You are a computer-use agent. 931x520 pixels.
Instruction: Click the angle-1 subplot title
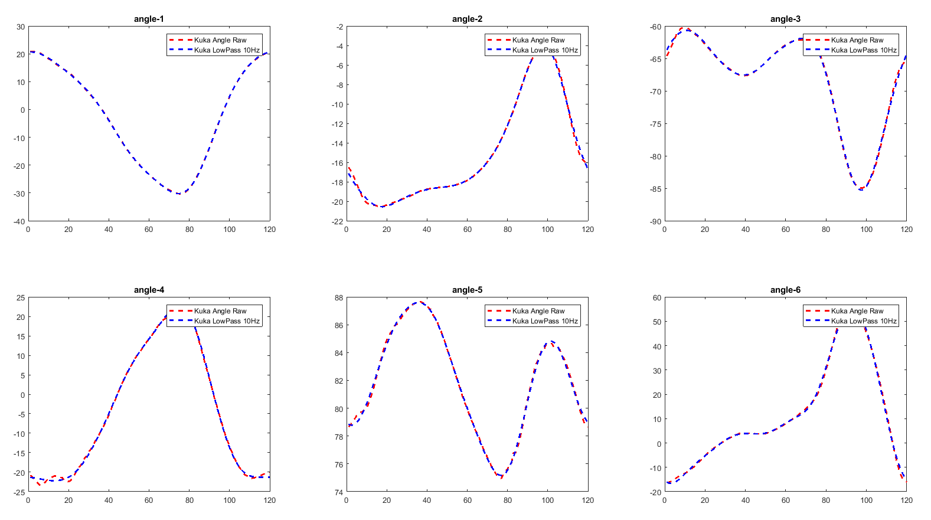149,19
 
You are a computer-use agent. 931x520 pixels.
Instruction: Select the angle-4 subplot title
149,290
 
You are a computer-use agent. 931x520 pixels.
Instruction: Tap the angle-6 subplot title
785,290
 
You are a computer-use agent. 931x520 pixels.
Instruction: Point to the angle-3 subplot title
785,19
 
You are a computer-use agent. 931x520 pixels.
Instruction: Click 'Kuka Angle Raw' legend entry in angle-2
538,40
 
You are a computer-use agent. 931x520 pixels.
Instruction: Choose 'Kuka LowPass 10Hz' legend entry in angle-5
545,321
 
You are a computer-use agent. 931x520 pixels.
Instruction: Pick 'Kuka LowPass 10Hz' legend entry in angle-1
227,50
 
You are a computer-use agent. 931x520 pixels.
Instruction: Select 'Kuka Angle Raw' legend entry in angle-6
857,311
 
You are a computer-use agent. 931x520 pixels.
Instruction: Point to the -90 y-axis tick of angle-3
655,221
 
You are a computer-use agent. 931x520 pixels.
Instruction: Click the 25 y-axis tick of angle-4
21,297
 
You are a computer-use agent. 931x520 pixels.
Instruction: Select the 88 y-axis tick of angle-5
339,297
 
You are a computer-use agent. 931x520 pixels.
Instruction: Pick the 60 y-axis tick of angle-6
657,297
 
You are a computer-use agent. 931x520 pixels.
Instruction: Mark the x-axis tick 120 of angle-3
906,229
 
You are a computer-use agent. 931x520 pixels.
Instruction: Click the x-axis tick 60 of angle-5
468,500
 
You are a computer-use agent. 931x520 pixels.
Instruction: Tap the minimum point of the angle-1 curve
179,194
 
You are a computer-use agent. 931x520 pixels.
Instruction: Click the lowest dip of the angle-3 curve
860,189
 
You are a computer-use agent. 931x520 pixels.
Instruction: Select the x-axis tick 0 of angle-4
28,500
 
